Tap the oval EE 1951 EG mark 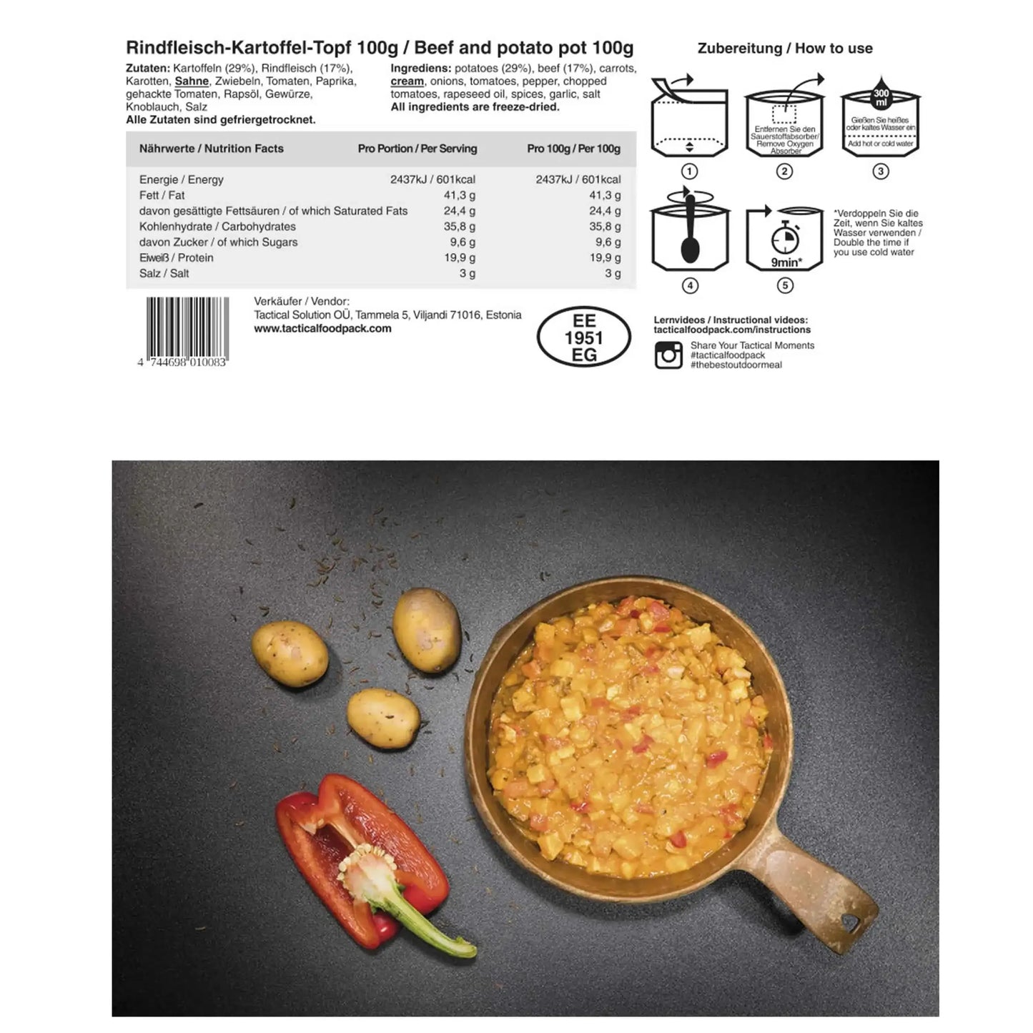(584, 338)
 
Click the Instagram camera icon (668, 355)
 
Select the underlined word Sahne (192, 81)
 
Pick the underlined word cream (407, 81)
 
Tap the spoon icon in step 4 (690, 233)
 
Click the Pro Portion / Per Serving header (417, 149)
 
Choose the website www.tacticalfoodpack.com (322, 329)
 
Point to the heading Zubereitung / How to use (784, 49)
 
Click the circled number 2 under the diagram (784, 172)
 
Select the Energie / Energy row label (181, 179)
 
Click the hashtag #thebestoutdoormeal (736, 365)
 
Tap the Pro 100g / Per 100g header (573, 149)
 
